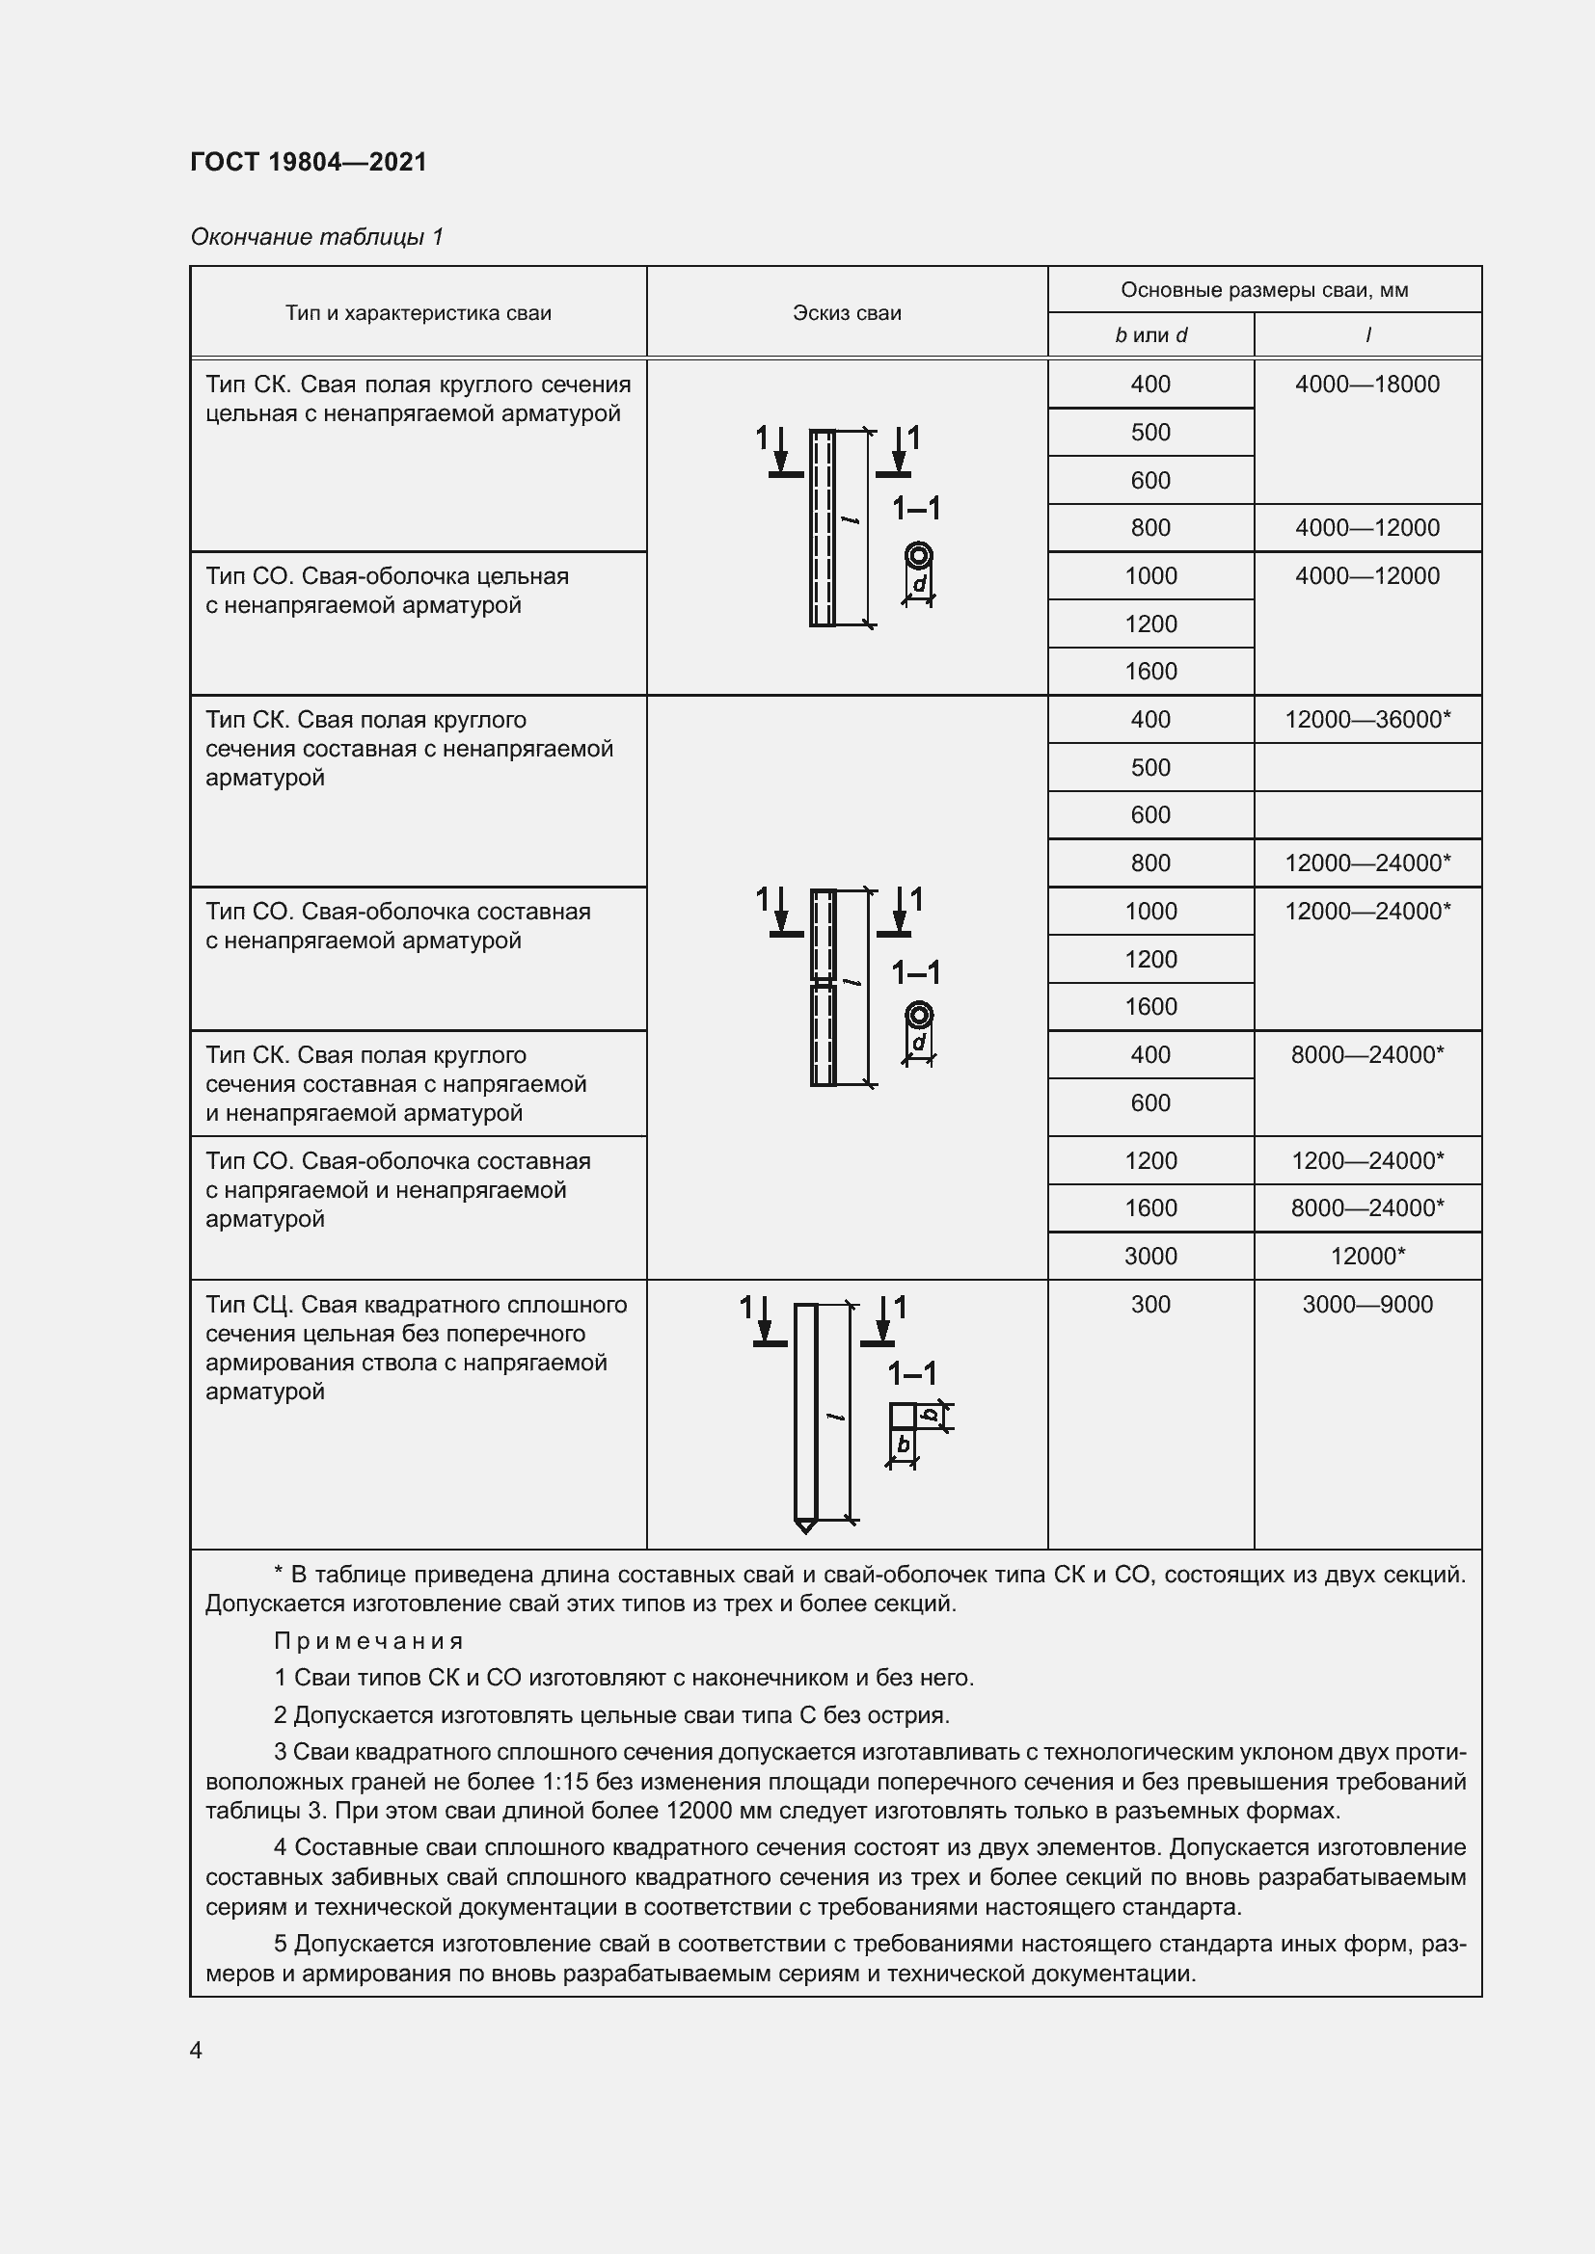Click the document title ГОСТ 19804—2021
(x=309, y=162)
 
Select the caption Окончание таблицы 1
(x=316, y=237)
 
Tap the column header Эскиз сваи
(x=847, y=313)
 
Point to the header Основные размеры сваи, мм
(x=1264, y=291)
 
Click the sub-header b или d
(x=1150, y=335)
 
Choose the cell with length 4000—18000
(x=1367, y=385)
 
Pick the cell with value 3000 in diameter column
(x=1150, y=1257)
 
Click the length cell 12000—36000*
(x=1367, y=720)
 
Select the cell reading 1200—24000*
(x=1367, y=1161)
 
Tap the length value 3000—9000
(x=1367, y=1305)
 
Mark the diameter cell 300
(x=1150, y=1305)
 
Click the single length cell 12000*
(x=1367, y=1257)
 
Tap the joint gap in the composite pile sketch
(x=823, y=981)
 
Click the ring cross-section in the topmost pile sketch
(x=919, y=557)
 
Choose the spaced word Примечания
(x=368, y=1641)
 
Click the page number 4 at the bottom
(x=197, y=2051)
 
